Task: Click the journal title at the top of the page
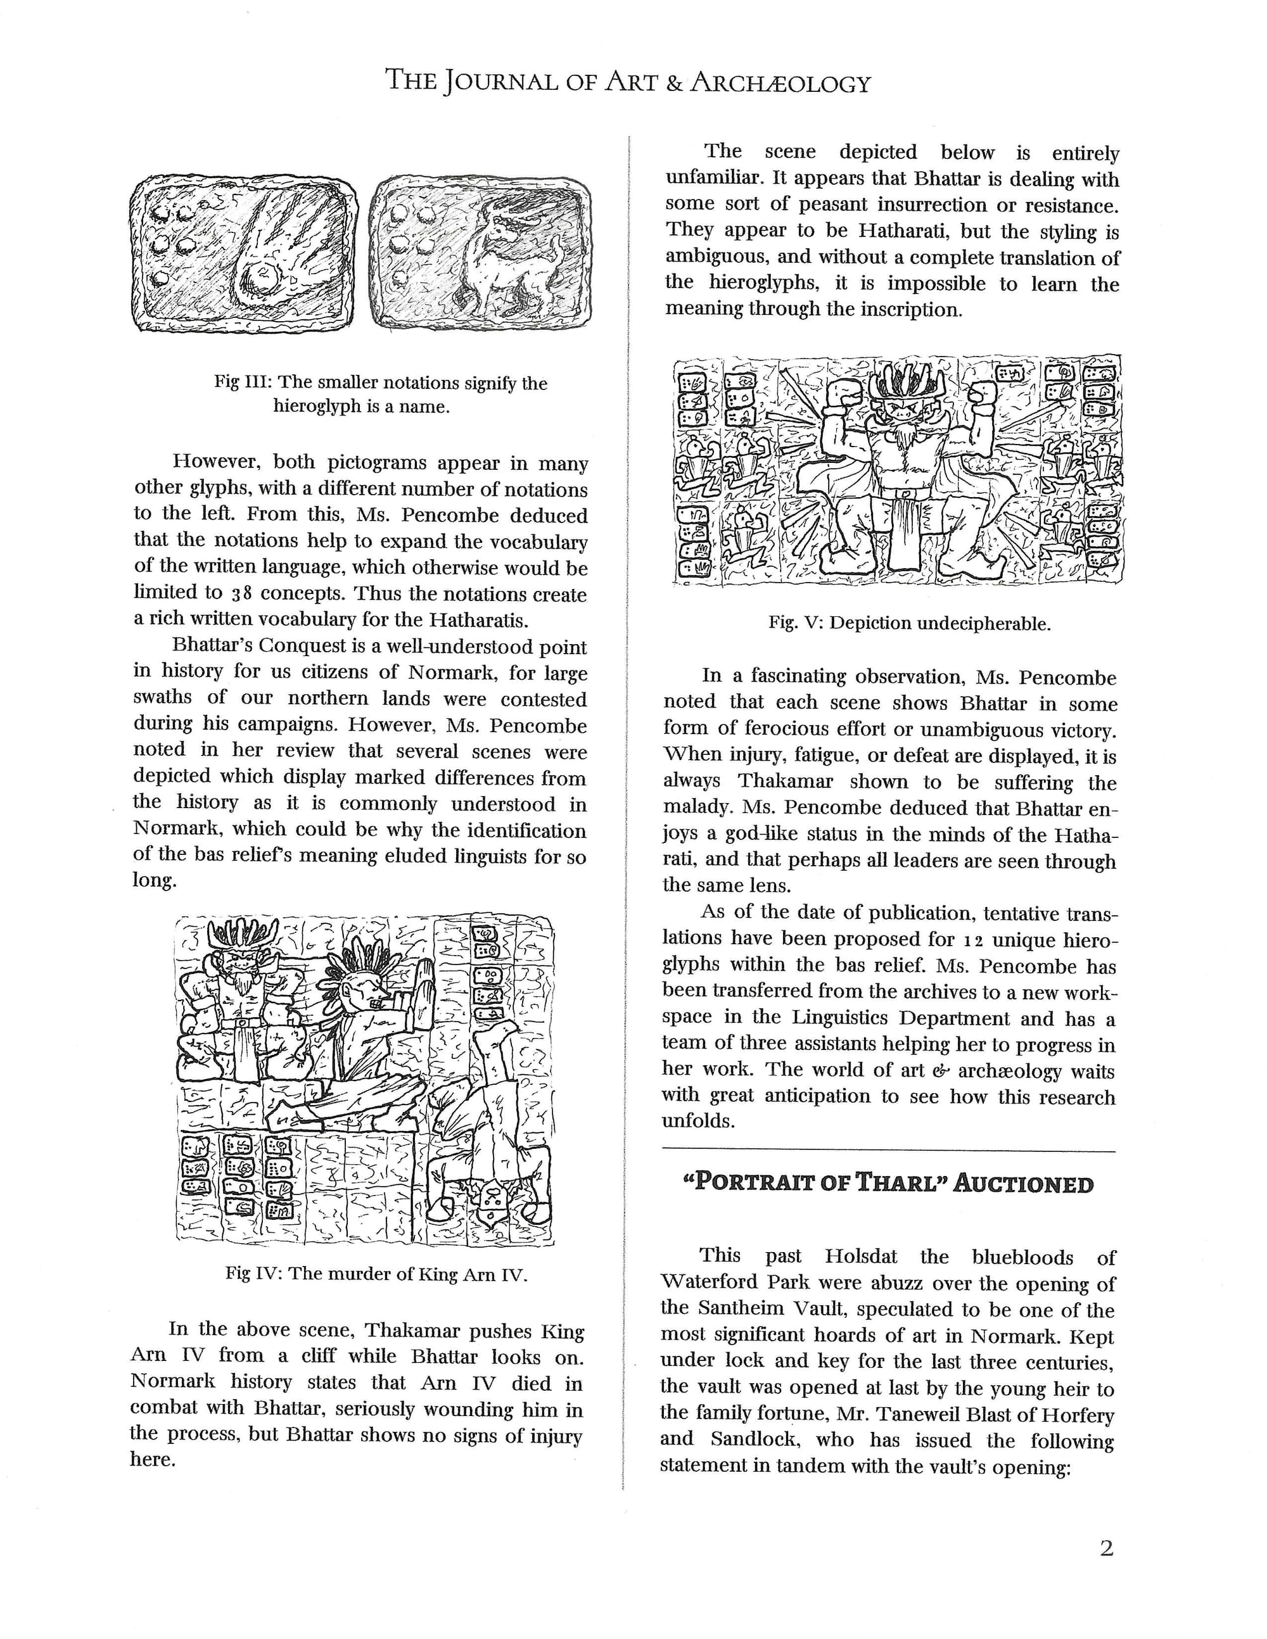(x=628, y=81)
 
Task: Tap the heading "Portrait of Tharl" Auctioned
(x=889, y=1184)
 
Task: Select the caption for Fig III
(x=381, y=395)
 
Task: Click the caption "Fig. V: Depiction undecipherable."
(x=909, y=623)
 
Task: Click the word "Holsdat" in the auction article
(x=865, y=1257)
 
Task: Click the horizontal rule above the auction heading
(x=889, y=1151)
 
